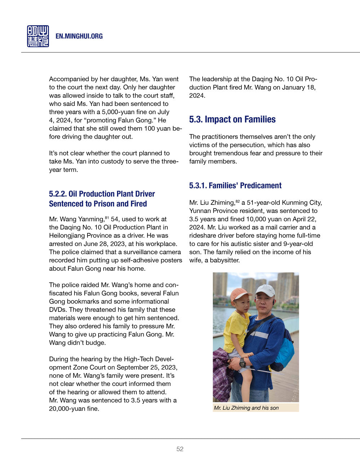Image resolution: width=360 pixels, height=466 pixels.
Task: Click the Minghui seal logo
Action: [x=38, y=36]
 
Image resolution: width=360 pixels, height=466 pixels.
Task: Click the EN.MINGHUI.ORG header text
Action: [x=79, y=36]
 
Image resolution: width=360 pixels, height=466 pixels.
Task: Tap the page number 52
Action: [x=180, y=449]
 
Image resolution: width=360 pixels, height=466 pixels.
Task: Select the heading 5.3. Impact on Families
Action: [x=232, y=120]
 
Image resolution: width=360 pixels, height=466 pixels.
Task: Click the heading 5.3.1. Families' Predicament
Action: [x=235, y=186]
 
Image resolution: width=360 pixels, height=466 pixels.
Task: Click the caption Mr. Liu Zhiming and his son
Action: [x=246, y=408]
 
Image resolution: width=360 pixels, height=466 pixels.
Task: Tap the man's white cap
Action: [x=265, y=290]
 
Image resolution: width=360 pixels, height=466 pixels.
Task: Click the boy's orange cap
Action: [x=240, y=294]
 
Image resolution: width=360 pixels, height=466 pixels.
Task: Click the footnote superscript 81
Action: [x=107, y=218]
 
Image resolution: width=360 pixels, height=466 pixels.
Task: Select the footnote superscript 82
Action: [x=238, y=201]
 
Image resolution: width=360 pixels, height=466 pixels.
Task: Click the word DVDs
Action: [x=58, y=310]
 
